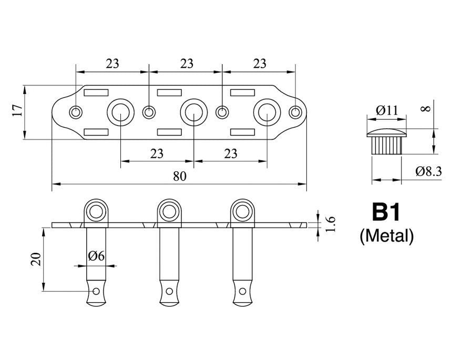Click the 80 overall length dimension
179,177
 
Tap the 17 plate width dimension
16,111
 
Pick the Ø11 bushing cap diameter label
387,110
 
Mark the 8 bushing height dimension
426,108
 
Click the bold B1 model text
386,213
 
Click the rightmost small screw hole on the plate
296,111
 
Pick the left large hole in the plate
120,111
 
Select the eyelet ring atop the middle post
169,211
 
